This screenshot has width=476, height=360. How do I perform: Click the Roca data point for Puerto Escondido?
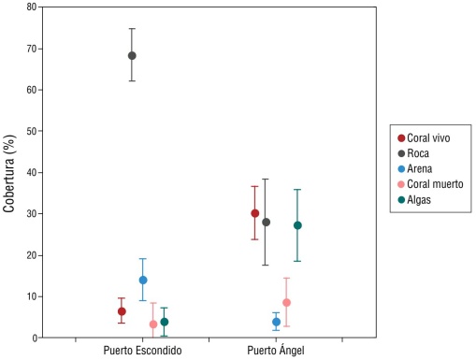coord(132,55)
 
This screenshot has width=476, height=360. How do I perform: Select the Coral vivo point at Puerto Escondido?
coord(122,311)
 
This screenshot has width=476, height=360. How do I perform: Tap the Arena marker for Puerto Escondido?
coord(143,280)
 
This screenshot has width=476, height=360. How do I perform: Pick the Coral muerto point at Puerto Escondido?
coord(153,324)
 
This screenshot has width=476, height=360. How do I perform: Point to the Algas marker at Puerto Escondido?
coord(165,322)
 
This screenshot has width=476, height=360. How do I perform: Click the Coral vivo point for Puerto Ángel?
coord(254,213)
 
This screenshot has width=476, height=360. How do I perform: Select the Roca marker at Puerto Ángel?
coord(266,223)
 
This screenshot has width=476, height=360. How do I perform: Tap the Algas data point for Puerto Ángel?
coord(297,225)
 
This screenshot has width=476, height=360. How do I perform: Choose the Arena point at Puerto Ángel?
coord(276,322)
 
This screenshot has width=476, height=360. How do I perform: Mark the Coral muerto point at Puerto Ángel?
coord(287,303)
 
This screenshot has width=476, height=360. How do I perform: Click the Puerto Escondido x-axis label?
coord(143,351)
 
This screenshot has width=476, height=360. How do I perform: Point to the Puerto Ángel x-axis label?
coord(276,351)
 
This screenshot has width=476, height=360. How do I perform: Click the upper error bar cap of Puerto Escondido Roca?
coord(132,29)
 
